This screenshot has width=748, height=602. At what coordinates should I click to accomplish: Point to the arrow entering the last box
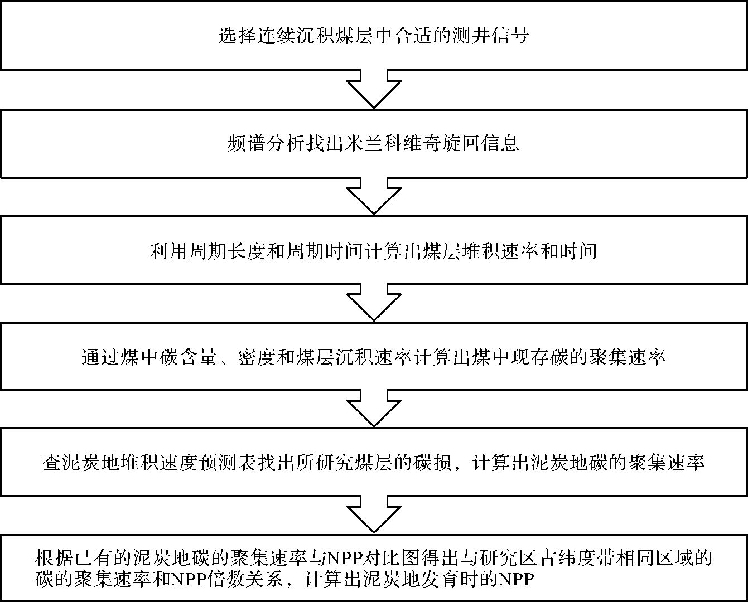[x=374, y=515]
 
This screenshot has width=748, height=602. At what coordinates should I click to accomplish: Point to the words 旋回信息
[x=482, y=144]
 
